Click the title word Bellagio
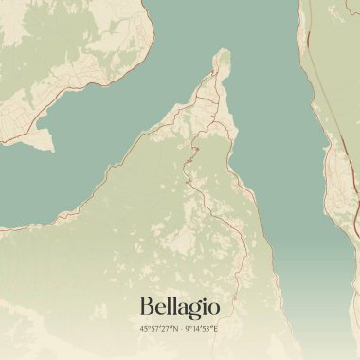click(x=179, y=307)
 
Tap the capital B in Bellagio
click(x=147, y=306)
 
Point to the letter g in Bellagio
click(x=197, y=310)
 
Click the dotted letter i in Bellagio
click(x=206, y=305)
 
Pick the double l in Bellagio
click(x=171, y=305)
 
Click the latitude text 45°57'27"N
click(x=156, y=328)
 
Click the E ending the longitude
click(x=215, y=328)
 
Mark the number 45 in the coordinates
click(x=144, y=328)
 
